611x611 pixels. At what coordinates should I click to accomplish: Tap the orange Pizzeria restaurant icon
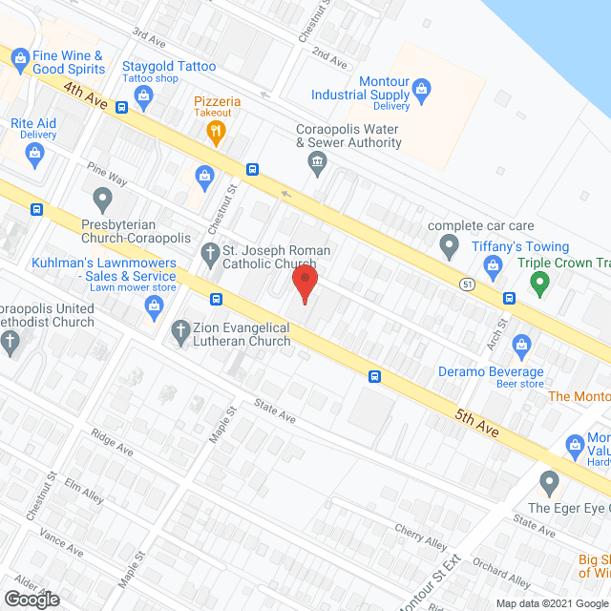point(218,131)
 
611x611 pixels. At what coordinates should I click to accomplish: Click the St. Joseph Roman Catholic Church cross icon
point(209,252)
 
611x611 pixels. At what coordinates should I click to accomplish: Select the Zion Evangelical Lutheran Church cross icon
point(179,332)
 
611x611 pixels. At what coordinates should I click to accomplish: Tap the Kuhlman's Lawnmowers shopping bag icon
point(153,305)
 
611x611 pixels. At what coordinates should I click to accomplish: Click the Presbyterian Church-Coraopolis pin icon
point(103,200)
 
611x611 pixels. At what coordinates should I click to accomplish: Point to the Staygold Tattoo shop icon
point(143,94)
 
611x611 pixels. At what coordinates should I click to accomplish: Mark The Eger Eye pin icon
point(548,480)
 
